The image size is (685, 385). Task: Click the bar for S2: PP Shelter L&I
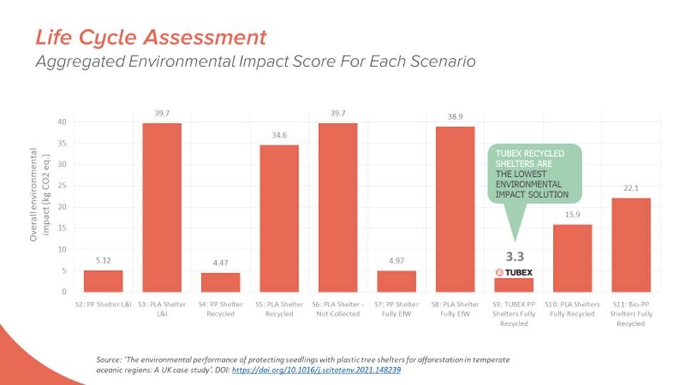103,281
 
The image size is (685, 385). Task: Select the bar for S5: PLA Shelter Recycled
279,218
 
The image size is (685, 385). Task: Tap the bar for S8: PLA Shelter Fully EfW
455,209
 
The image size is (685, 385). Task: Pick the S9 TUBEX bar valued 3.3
514,285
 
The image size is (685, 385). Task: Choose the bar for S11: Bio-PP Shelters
631,245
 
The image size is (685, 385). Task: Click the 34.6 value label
279,135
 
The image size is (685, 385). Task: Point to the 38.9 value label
455,117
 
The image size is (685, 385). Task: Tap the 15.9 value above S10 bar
572,215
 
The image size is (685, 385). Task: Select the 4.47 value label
220,263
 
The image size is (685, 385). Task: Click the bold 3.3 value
514,257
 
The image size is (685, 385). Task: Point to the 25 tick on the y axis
63,186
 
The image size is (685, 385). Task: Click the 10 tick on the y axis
63,250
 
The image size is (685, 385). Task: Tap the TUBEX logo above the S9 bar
514,272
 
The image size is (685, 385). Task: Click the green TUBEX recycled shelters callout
534,174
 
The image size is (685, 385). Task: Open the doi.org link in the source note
316,370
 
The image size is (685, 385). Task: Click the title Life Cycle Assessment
151,37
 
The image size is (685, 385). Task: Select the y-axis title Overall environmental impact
40,195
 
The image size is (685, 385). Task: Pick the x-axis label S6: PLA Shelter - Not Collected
338,309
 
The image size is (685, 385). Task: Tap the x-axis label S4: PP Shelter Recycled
220,309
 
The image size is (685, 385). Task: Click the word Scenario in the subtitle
443,61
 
